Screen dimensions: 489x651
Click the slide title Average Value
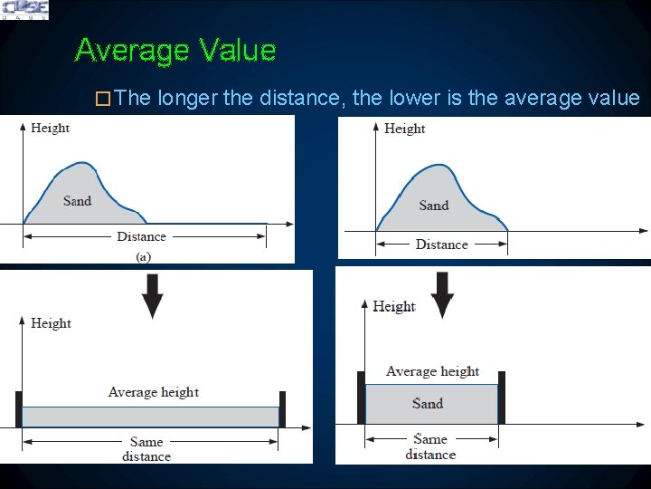point(175,50)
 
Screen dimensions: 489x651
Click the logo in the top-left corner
point(24,10)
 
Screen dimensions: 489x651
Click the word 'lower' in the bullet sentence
point(415,98)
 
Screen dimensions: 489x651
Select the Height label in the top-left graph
point(50,128)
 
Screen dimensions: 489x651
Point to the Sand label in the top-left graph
point(77,200)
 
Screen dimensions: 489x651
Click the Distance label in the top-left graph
point(141,236)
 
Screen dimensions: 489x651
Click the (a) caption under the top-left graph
point(143,256)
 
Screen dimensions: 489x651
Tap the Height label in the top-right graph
point(404,129)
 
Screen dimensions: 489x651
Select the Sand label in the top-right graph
point(434,206)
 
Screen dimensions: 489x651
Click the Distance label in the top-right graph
point(441,244)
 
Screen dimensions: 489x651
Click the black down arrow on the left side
point(153,294)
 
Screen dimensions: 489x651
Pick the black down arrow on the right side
point(442,294)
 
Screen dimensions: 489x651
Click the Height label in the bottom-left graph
point(51,323)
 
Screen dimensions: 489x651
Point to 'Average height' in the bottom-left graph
point(153,392)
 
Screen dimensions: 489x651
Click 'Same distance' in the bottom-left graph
point(146,449)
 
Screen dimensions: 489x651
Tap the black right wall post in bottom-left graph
point(282,408)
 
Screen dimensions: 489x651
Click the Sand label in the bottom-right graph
point(428,404)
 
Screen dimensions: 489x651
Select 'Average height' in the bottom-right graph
point(432,371)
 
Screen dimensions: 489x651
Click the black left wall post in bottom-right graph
point(361,398)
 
